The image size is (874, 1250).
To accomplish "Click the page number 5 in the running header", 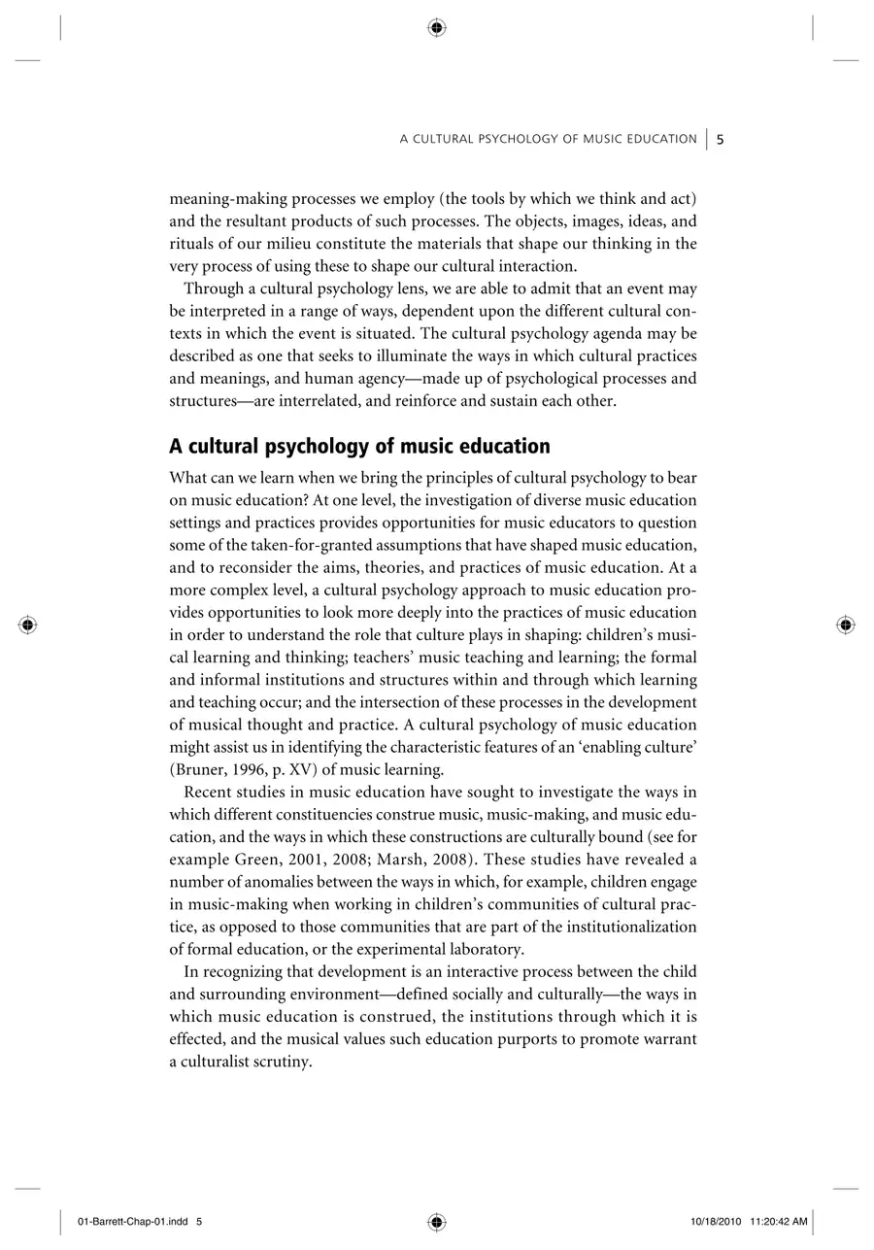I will click(721, 139).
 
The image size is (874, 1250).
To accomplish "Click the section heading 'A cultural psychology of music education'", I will click(359, 447).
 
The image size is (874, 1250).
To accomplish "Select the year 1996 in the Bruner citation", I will click(252, 770).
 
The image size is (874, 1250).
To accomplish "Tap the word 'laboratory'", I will click(482, 949).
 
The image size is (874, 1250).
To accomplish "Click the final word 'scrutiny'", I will click(282, 1062).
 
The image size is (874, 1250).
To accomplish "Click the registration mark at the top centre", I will click(437, 28).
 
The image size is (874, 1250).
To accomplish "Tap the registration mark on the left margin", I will click(28, 625).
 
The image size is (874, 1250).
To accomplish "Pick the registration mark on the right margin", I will click(846, 625).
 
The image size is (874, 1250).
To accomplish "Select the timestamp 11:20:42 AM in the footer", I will click(779, 1222).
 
